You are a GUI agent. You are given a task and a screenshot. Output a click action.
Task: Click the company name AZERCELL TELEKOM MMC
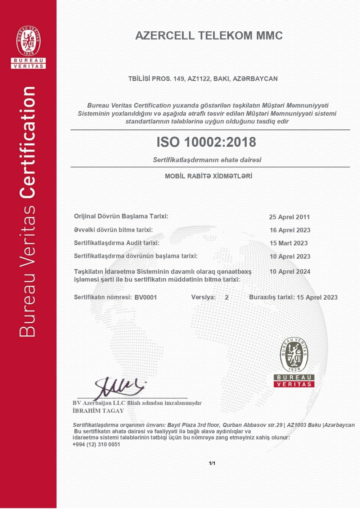point(209,36)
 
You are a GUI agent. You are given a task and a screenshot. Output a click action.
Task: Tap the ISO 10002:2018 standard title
point(206,142)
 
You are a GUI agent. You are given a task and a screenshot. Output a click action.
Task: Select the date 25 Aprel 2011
point(289,217)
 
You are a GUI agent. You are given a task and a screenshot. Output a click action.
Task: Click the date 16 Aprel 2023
point(290,230)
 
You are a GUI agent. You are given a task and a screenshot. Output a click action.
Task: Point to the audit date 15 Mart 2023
point(289,243)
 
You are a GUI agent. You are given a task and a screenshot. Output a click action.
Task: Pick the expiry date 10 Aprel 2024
point(290,272)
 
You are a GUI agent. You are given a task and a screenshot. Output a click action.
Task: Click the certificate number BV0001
point(145,297)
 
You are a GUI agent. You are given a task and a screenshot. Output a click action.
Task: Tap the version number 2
point(226,297)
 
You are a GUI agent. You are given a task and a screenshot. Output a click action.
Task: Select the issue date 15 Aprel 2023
point(317,297)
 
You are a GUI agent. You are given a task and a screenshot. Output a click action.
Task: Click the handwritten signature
point(119,388)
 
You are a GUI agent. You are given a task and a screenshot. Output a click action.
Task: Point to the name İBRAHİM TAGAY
point(98,411)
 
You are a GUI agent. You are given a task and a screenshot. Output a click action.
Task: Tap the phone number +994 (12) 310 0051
point(96,445)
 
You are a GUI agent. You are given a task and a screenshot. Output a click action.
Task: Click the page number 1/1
point(212,463)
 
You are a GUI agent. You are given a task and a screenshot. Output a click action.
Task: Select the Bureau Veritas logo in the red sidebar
point(28,47)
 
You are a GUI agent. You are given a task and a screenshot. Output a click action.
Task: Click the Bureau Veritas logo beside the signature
point(294,362)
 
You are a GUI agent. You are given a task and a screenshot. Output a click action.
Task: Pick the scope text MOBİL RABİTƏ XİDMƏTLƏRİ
point(208,176)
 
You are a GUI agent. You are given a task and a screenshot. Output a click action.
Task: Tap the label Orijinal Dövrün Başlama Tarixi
point(121,216)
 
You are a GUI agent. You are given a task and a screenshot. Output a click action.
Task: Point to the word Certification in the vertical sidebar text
point(28,142)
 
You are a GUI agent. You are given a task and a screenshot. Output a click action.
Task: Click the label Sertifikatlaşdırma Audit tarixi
point(117,243)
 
